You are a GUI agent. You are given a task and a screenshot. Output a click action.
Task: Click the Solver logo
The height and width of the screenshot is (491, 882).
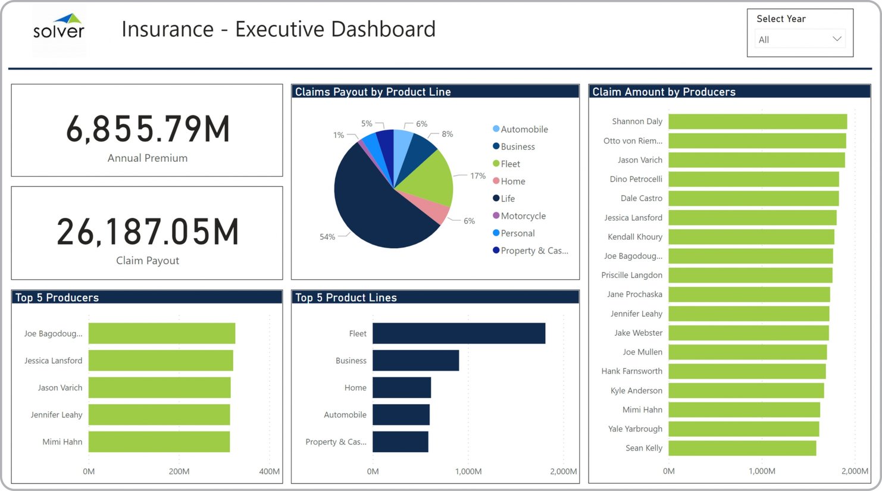click(58, 27)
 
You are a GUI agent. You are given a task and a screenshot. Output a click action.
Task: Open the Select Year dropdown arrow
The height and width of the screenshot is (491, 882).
click(836, 39)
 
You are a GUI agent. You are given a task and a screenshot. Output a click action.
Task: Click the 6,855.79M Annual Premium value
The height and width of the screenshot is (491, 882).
click(148, 129)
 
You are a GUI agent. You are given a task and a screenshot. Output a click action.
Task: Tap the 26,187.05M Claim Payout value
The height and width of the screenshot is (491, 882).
click(148, 232)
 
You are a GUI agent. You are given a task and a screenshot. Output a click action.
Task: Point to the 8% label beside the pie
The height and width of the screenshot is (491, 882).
click(447, 134)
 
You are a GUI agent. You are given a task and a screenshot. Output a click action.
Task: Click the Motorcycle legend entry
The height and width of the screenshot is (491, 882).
click(523, 216)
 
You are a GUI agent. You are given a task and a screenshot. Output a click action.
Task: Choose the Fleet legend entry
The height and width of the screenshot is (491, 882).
click(510, 164)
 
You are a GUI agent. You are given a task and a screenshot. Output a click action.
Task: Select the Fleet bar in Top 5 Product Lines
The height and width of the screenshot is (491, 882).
click(458, 333)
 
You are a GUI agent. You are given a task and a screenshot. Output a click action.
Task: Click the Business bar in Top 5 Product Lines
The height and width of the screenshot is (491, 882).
click(415, 361)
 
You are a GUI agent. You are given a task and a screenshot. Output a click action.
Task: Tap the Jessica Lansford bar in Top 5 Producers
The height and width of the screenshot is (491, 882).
click(161, 361)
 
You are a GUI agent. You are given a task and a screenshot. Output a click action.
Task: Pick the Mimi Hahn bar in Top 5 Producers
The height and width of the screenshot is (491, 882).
click(159, 442)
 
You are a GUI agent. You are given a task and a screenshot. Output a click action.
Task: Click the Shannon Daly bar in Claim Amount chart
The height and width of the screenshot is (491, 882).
click(757, 121)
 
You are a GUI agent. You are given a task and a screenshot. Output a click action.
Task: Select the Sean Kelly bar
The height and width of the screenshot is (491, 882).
click(742, 448)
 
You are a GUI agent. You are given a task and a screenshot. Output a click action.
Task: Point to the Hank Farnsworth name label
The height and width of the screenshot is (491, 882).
click(631, 371)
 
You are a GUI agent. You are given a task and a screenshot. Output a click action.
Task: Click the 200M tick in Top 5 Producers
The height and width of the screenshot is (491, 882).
click(179, 471)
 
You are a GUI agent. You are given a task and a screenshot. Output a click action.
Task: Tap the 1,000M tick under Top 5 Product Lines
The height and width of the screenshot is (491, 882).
click(468, 471)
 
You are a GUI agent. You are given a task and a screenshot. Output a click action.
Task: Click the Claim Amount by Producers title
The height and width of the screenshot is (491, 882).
click(664, 92)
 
